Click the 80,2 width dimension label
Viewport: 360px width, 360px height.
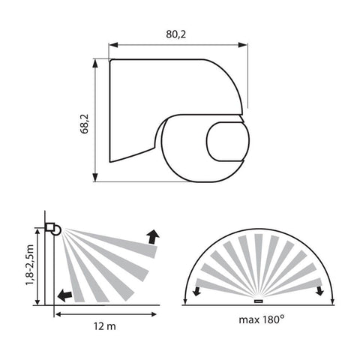(x=178, y=34)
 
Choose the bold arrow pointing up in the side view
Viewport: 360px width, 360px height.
(x=153, y=237)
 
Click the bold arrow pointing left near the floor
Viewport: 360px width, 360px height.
(x=65, y=295)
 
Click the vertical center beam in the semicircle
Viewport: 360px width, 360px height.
(x=259, y=262)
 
